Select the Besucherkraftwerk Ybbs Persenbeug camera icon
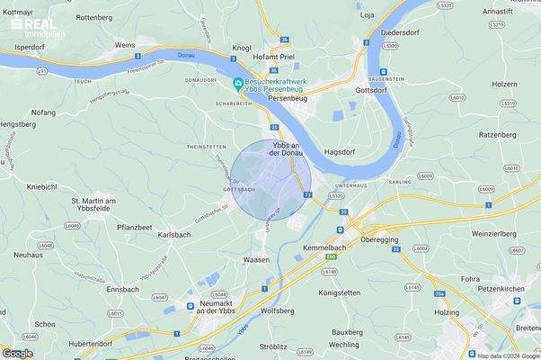(237, 85)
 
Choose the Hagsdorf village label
(342, 153)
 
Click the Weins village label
(125, 44)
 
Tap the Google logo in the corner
(18, 353)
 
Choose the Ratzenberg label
(498, 134)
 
